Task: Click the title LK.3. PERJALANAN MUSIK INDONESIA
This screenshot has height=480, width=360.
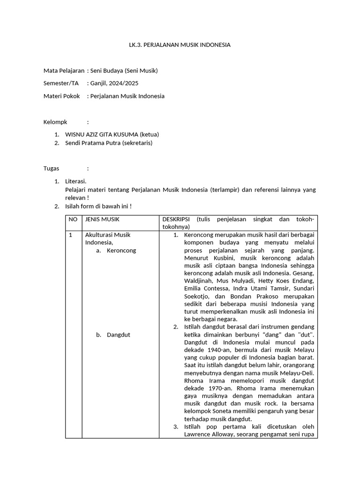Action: (180, 45)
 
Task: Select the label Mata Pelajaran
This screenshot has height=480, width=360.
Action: (64, 71)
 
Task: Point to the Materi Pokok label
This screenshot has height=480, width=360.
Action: (62, 96)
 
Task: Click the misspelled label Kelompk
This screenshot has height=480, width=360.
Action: (55, 122)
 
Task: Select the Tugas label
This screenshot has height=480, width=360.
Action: (52, 169)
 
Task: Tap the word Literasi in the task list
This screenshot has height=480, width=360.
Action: (75, 181)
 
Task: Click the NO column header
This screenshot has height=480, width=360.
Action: (73, 219)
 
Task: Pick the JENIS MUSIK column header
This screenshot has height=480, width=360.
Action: (102, 219)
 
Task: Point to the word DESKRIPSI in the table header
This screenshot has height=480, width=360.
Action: (177, 219)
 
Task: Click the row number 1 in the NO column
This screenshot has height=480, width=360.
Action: (71, 235)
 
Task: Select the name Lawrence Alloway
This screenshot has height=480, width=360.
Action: (205, 434)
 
